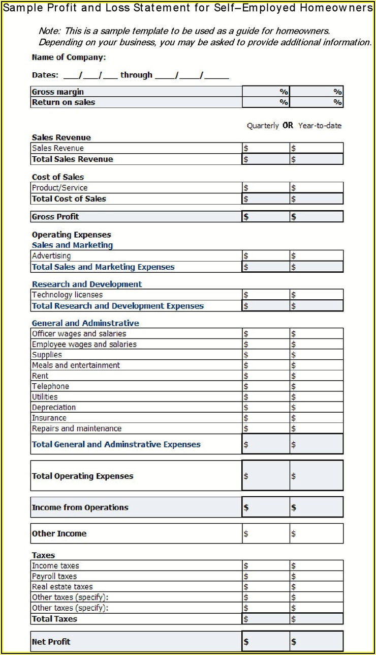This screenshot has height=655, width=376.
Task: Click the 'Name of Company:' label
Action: (x=69, y=58)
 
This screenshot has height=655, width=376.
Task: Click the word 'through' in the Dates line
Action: (x=136, y=75)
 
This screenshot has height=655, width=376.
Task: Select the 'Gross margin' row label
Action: (x=57, y=92)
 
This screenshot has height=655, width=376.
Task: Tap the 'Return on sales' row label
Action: (x=63, y=102)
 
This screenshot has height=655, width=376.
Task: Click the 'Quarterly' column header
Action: (x=263, y=126)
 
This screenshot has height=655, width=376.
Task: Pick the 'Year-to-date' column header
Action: (x=320, y=126)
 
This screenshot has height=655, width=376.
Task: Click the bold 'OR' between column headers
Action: (x=288, y=126)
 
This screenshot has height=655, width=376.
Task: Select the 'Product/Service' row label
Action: (x=59, y=188)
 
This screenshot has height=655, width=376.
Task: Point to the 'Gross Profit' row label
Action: (x=55, y=217)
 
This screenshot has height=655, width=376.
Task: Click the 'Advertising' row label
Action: (x=51, y=256)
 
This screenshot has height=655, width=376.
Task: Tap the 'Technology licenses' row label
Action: (x=67, y=295)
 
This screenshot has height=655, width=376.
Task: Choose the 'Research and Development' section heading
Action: (x=87, y=284)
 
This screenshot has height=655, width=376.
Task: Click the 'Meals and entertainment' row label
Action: (x=76, y=365)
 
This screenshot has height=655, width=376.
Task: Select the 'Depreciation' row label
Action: (x=54, y=408)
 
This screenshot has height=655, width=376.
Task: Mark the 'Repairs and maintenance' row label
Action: (x=77, y=429)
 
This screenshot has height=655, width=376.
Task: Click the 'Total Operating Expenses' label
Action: (x=82, y=476)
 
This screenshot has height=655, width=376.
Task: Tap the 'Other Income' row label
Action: (x=59, y=534)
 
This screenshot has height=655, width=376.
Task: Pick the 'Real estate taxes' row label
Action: (x=62, y=587)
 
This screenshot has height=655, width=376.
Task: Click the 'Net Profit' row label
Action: (x=51, y=642)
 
